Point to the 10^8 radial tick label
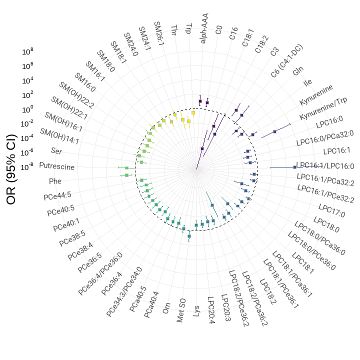coord(28,51)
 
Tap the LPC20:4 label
coord(211,310)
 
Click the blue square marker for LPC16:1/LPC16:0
coord(294,167)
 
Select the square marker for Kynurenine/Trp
coord(275,131)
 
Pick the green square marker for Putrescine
coord(126,168)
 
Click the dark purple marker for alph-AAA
coord(200,101)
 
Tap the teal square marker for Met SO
coord(189,236)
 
